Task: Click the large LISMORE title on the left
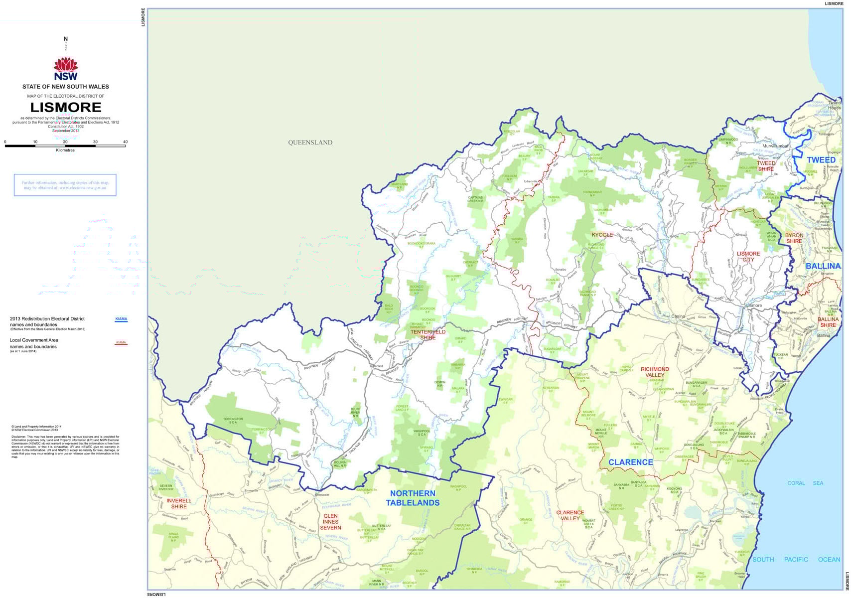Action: (66, 107)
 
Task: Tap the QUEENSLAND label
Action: (310, 143)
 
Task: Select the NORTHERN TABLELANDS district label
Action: (413, 498)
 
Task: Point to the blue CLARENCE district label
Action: (630, 462)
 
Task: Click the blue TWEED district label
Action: (821, 160)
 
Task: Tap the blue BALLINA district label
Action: (823, 266)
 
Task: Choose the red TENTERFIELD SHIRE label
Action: (427, 334)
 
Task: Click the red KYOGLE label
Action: (602, 235)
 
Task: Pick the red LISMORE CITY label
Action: (748, 257)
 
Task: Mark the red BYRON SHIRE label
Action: (794, 238)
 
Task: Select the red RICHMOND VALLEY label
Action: (655, 372)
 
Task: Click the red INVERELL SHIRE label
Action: (178, 503)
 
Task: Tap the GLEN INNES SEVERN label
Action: (330, 522)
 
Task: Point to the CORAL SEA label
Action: (805, 483)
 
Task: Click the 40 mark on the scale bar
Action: (125, 142)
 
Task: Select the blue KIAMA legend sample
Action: (121, 319)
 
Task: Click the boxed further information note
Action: (65, 185)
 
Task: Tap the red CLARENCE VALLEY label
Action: (570, 515)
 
